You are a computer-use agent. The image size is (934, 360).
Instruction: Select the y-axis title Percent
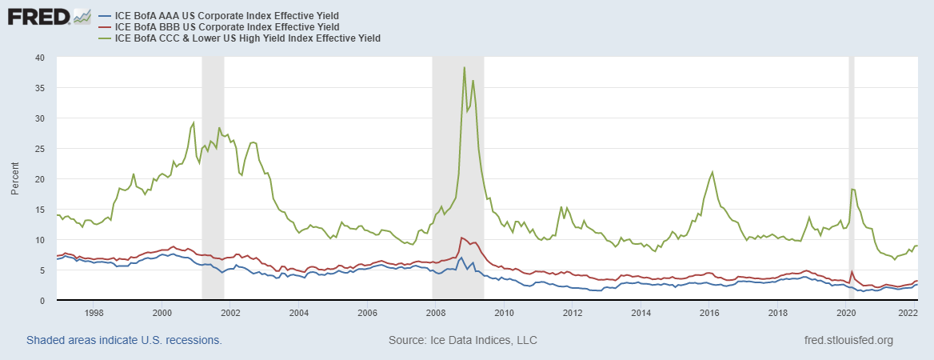[x=15, y=179]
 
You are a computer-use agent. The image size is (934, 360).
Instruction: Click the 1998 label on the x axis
[x=94, y=313]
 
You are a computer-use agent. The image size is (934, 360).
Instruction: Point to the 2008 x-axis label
[x=435, y=313]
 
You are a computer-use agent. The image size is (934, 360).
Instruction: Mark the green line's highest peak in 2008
[x=464, y=68]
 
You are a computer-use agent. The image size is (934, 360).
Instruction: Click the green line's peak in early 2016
[x=712, y=172]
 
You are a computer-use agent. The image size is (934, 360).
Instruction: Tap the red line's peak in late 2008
[x=461, y=238]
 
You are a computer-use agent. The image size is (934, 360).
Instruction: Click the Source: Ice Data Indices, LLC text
[x=462, y=341]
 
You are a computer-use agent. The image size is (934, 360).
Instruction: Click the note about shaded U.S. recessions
[x=124, y=341]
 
